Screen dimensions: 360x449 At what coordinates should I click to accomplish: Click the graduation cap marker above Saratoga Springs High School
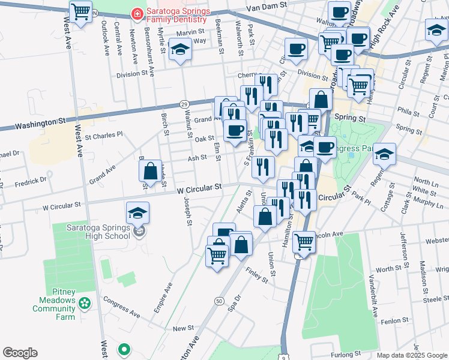pyautogui.click(x=138, y=213)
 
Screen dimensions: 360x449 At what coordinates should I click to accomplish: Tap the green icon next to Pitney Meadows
pyautogui.click(x=85, y=303)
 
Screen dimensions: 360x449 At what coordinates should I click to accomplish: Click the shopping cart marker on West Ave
pyautogui.click(x=81, y=13)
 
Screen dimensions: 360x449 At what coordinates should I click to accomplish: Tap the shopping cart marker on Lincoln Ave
pyautogui.click(x=304, y=242)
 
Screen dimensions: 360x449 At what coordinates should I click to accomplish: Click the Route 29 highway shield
pyautogui.click(x=184, y=104)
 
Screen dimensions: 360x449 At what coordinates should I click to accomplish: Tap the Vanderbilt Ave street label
pyautogui.click(x=373, y=296)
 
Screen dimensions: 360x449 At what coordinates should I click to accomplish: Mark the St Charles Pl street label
pyautogui.click(x=103, y=136)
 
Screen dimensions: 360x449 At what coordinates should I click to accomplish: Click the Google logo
pyautogui.click(x=20, y=353)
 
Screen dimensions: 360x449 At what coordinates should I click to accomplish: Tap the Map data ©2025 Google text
pyautogui.click(x=411, y=355)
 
